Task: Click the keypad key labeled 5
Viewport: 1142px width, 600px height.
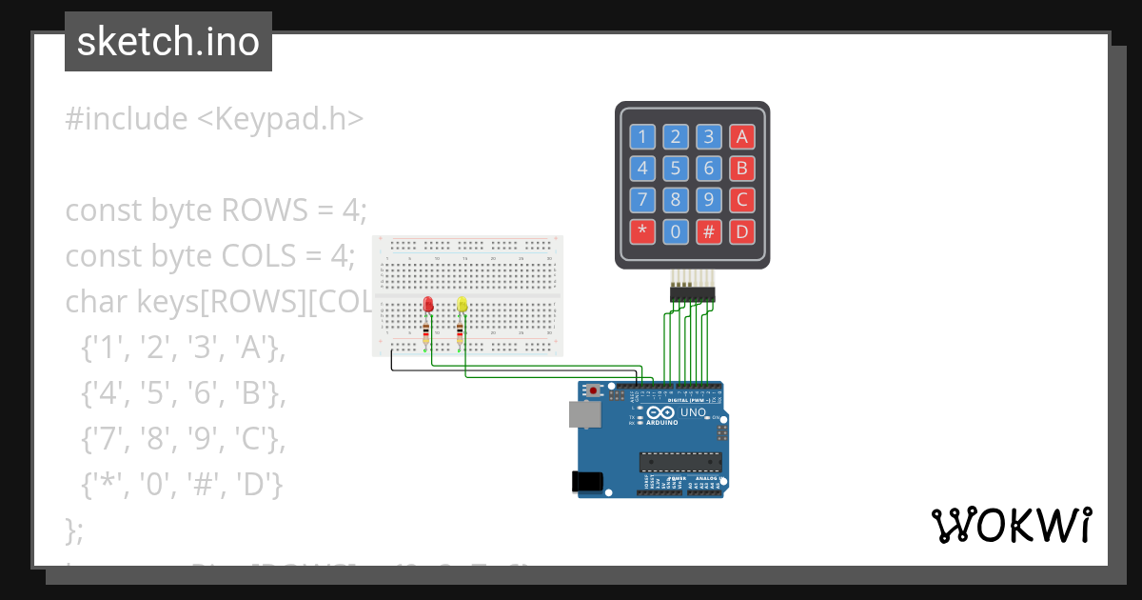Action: click(x=676, y=169)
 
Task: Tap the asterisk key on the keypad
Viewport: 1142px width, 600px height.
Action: click(x=642, y=231)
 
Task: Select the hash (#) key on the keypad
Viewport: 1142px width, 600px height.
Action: click(x=708, y=231)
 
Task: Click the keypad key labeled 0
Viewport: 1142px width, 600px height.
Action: click(x=676, y=231)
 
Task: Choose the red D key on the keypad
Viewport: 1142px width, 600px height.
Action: click(x=741, y=231)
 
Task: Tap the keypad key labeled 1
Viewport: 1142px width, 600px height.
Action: click(x=642, y=136)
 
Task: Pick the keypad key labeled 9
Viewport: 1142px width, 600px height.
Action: click(x=708, y=200)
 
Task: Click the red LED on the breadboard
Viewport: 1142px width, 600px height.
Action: click(x=428, y=305)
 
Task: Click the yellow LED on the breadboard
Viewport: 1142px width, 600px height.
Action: click(x=463, y=305)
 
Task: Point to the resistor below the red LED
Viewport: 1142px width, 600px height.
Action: click(x=425, y=332)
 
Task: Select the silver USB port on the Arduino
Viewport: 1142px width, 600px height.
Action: click(x=583, y=413)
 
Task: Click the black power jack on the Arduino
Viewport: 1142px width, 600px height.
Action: click(x=587, y=482)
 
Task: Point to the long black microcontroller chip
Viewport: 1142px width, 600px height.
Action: click(x=679, y=463)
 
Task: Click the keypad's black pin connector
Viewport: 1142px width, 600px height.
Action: click(x=692, y=293)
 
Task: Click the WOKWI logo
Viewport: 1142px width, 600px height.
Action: click(x=1011, y=525)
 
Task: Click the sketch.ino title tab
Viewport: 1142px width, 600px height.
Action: click(x=168, y=42)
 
